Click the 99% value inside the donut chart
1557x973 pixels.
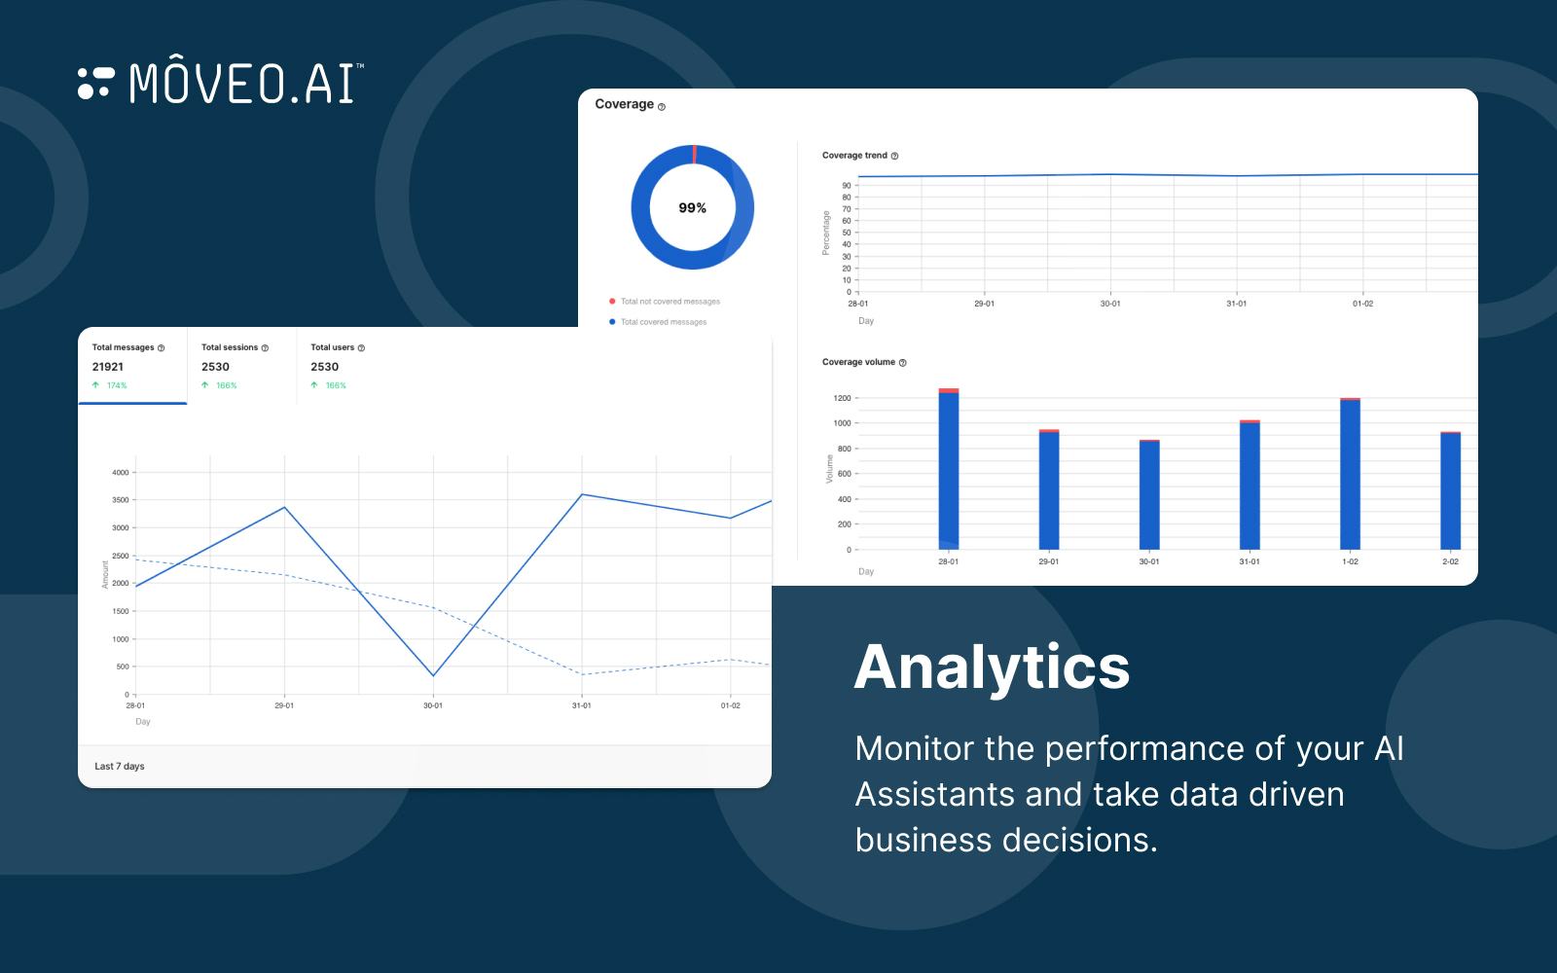click(x=692, y=208)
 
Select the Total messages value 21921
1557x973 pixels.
click(x=108, y=367)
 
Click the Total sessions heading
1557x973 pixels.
click(x=230, y=347)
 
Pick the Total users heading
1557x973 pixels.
click(x=333, y=347)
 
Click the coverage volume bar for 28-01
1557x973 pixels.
click(x=949, y=472)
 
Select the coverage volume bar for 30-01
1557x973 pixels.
click(x=1149, y=496)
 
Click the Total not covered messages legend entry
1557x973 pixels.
click(x=670, y=302)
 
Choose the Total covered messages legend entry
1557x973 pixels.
click(x=663, y=322)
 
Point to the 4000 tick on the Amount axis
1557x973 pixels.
click(x=120, y=473)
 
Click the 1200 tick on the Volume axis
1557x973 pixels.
click(x=842, y=398)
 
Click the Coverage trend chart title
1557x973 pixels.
click(x=854, y=156)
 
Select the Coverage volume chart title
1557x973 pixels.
click(x=858, y=362)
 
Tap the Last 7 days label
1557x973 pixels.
click(x=120, y=767)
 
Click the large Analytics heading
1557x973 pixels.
click(x=992, y=667)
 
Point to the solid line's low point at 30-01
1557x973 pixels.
click(x=433, y=676)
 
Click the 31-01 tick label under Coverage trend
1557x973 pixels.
click(x=1236, y=304)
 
